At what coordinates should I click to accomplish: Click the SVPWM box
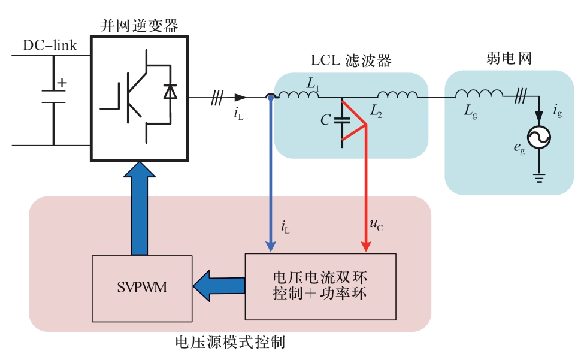(x=142, y=289)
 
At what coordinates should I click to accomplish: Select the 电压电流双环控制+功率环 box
(x=320, y=287)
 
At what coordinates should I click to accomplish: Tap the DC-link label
(x=50, y=46)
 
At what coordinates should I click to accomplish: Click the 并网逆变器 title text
(x=140, y=26)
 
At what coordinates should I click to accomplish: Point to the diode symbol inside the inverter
(x=170, y=92)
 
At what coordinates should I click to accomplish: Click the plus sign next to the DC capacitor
(x=62, y=83)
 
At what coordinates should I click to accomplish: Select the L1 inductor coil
(x=298, y=94)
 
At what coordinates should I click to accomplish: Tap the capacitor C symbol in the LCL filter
(x=342, y=120)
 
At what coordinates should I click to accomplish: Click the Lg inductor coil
(x=479, y=93)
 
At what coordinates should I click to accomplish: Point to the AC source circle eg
(x=539, y=137)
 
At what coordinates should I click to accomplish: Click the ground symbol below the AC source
(x=539, y=178)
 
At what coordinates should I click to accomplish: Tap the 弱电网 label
(x=509, y=58)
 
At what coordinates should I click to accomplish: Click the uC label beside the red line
(x=376, y=225)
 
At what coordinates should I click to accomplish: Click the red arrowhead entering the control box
(x=366, y=246)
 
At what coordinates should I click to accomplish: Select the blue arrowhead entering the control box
(x=271, y=246)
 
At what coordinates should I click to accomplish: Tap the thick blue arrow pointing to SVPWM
(x=219, y=286)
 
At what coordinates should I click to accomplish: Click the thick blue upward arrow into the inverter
(x=140, y=208)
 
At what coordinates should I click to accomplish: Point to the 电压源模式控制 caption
(x=230, y=342)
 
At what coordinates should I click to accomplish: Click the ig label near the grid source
(x=557, y=111)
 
